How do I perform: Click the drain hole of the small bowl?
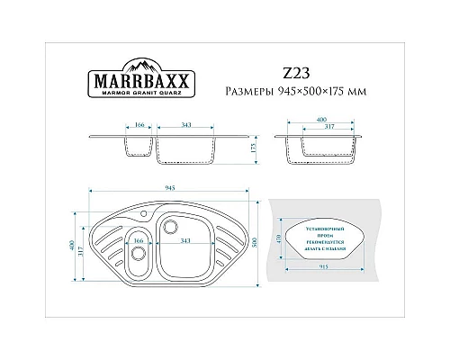coord(137,254)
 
